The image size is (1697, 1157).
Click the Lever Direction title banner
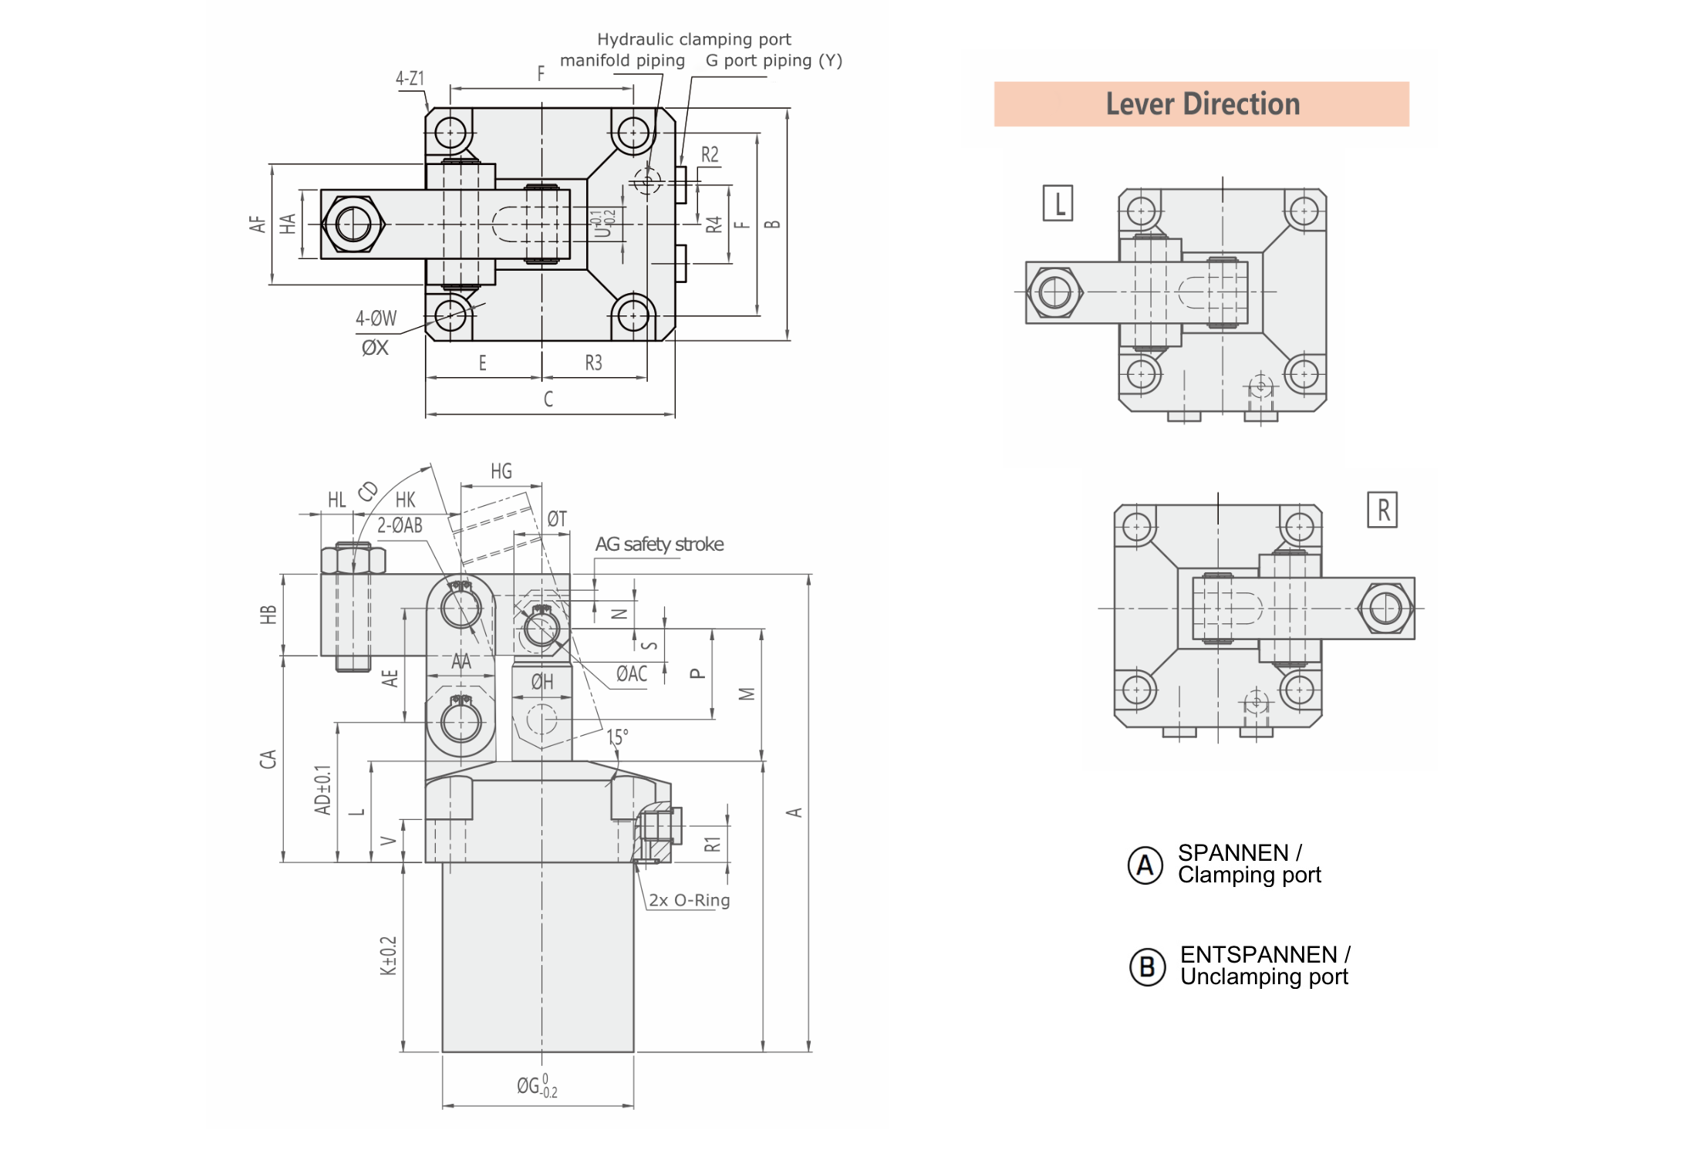(1201, 104)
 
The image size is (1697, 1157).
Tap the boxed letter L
(1058, 204)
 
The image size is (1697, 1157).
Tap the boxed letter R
(1382, 510)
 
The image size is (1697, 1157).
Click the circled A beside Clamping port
(1145, 865)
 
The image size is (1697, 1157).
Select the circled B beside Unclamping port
(1147, 966)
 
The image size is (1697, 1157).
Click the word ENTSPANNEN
(1258, 955)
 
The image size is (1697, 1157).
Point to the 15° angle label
(617, 737)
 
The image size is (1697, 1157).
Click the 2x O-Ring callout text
(689, 900)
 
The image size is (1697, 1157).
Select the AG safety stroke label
(659, 545)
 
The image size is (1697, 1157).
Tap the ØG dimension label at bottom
(537, 1085)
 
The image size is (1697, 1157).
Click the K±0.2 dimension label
(388, 956)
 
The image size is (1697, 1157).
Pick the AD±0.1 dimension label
(322, 790)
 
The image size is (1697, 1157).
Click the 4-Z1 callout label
(410, 79)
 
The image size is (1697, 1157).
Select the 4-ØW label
(376, 319)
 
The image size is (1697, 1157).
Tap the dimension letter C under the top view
(548, 399)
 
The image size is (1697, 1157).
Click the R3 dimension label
(593, 363)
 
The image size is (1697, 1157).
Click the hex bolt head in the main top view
(353, 224)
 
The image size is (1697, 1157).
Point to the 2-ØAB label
(400, 525)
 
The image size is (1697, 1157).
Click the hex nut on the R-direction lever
(1385, 609)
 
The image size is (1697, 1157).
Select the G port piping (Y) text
(774, 61)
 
